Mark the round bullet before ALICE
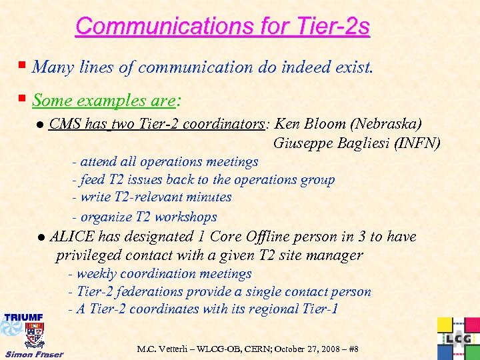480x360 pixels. [41, 237]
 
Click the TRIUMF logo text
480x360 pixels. [24, 317]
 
